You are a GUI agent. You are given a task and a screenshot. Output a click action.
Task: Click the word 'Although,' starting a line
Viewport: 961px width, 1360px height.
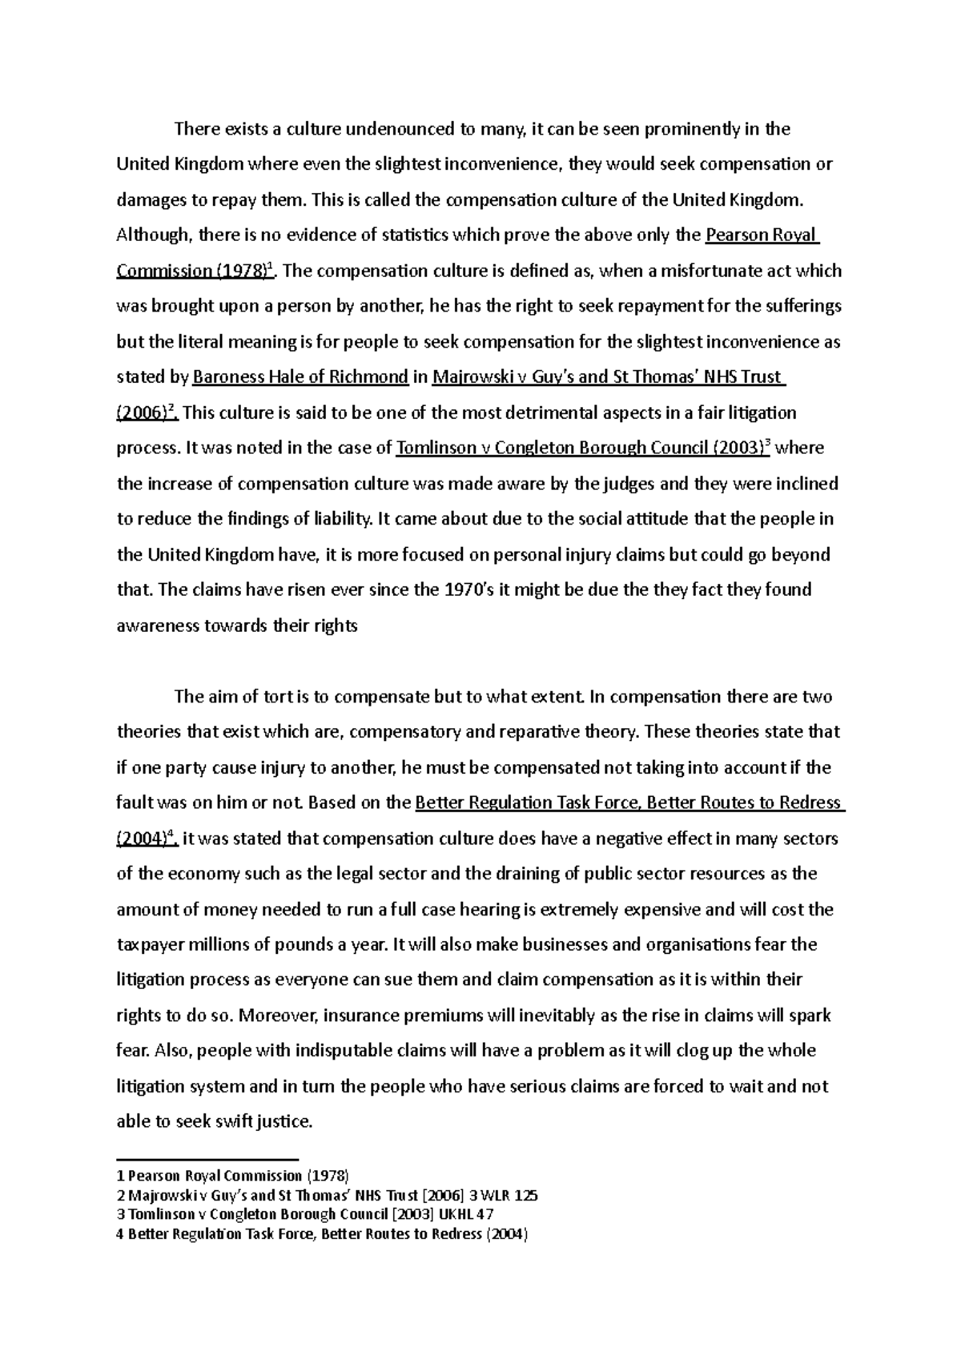click(x=155, y=235)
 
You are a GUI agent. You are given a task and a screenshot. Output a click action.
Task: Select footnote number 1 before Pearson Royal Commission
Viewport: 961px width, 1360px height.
click(x=120, y=1177)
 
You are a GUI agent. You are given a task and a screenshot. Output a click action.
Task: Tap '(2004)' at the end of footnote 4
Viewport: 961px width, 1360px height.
click(x=505, y=1234)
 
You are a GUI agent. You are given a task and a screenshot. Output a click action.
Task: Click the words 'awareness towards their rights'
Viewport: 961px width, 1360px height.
click(x=237, y=626)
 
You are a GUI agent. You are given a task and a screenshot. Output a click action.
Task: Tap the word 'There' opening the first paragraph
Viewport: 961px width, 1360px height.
click(x=195, y=129)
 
